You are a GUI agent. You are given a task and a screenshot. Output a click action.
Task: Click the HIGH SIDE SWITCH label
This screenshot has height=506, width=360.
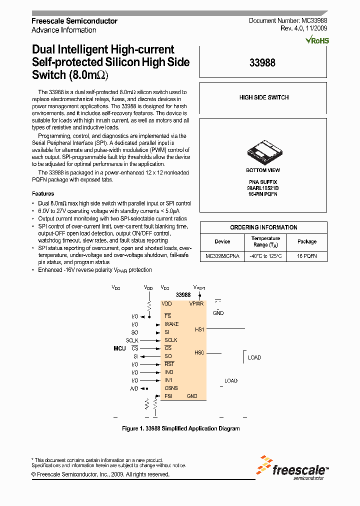tap(263, 97)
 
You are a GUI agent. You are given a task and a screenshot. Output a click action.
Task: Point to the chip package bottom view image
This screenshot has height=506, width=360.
tap(263, 150)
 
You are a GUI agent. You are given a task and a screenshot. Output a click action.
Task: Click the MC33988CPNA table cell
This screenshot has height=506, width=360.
tap(222, 256)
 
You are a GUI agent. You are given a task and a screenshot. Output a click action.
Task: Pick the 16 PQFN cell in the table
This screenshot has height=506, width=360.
tap(307, 256)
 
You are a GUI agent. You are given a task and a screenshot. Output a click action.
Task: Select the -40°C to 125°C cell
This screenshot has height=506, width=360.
tap(265, 256)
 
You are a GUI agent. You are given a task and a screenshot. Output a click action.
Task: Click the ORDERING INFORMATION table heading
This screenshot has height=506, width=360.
tap(263, 227)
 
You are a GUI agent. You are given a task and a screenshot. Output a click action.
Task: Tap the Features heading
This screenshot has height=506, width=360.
tap(43, 193)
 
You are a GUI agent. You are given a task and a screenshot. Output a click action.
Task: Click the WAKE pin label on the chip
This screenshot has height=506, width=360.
tap(171, 324)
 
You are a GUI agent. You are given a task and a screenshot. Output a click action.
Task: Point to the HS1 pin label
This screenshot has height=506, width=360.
tap(199, 329)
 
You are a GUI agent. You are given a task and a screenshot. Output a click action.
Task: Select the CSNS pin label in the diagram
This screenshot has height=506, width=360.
tap(171, 388)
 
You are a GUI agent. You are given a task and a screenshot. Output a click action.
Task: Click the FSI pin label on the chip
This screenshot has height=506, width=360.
tap(169, 396)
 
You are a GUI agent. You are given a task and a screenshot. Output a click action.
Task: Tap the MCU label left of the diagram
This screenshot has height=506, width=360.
tap(119, 348)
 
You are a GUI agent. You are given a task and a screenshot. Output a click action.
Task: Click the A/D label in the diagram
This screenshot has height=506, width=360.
tap(134, 388)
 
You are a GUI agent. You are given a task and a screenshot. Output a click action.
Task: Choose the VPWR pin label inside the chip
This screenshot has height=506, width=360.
tap(196, 303)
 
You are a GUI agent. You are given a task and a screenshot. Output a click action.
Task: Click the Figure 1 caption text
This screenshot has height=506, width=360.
tap(180, 428)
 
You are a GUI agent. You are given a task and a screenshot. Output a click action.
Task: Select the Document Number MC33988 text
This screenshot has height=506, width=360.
tap(288, 21)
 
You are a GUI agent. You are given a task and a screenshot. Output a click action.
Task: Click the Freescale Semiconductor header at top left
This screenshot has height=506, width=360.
tap(74, 21)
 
